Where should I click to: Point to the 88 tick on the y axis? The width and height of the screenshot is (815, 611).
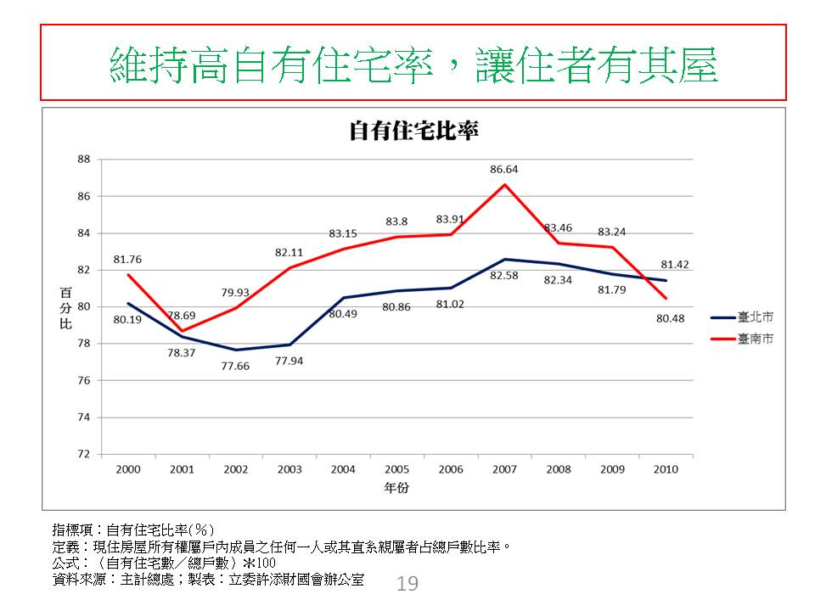(83, 160)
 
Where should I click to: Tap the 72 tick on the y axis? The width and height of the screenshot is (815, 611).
(83, 454)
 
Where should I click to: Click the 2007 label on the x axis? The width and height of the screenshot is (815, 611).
(504, 469)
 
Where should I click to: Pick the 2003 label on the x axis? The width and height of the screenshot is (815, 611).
(289, 469)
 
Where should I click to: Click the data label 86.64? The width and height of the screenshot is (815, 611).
(504, 170)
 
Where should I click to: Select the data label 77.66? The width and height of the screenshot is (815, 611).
(236, 366)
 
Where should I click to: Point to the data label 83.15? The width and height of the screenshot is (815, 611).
(343, 233)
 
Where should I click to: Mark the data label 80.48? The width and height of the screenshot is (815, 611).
(666, 318)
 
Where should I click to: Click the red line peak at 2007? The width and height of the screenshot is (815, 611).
(504, 185)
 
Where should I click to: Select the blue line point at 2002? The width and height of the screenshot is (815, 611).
(236, 350)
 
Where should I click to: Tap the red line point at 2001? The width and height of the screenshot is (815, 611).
(182, 331)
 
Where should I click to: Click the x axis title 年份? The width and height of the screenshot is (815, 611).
(396, 489)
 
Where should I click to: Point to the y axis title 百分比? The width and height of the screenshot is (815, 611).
(66, 307)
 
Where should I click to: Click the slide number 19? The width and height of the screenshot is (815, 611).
(407, 584)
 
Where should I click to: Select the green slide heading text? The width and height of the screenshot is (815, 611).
(414, 63)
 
